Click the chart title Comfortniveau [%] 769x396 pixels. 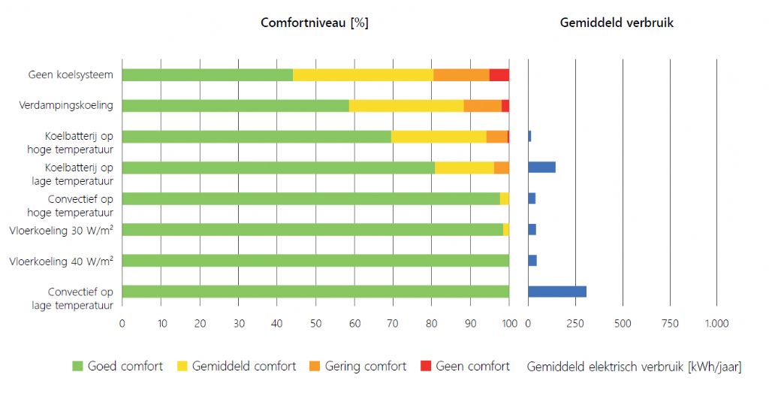coord(314,23)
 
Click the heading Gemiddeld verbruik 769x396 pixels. coord(617,23)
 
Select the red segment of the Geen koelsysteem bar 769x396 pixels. coord(499,75)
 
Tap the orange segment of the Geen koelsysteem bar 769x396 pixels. coord(461,75)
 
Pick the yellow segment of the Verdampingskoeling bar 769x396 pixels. coord(406,106)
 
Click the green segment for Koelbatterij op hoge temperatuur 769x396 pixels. coord(256,137)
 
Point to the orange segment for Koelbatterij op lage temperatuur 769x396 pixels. coord(501,168)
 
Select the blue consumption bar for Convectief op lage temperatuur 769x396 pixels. coord(557,292)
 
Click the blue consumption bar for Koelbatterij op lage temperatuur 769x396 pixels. coord(541,168)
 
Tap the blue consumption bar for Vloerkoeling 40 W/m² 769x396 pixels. coord(532,261)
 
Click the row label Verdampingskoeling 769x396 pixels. coord(66,105)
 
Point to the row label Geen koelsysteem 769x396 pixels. coord(71,75)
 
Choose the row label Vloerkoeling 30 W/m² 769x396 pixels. coord(62,230)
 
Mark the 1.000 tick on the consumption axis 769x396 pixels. coord(716,324)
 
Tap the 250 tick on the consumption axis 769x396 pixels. coord(575,324)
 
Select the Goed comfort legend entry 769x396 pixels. coord(117,367)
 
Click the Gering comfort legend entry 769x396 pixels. coord(357,367)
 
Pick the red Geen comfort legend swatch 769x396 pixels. coord(425,367)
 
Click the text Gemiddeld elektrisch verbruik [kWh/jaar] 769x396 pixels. coord(634,367)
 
